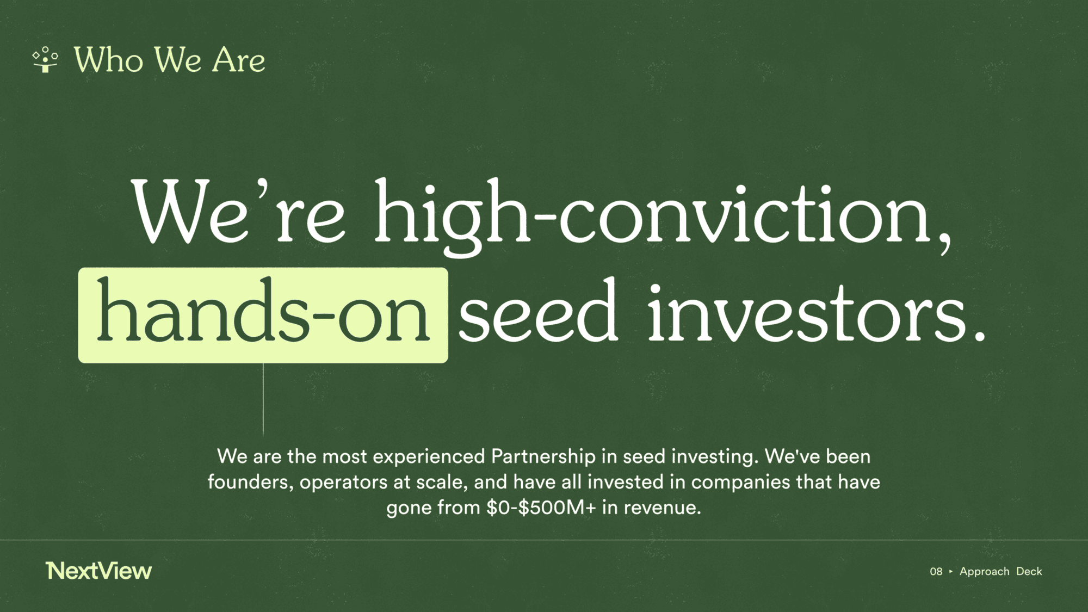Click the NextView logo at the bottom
pyautogui.click(x=99, y=571)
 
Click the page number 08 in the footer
pyautogui.click(x=936, y=571)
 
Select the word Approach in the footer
pyautogui.click(x=984, y=572)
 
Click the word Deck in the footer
pyautogui.click(x=1029, y=571)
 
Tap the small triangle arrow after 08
pyautogui.click(x=951, y=571)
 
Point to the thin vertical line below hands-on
pyautogui.click(x=263, y=399)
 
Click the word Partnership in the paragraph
pyautogui.click(x=543, y=456)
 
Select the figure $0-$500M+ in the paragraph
pyautogui.click(x=541, y=508)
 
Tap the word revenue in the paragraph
pyautogui.click(x=662, y=508)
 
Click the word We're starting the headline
pyautogui.click(x=238, y=212)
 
